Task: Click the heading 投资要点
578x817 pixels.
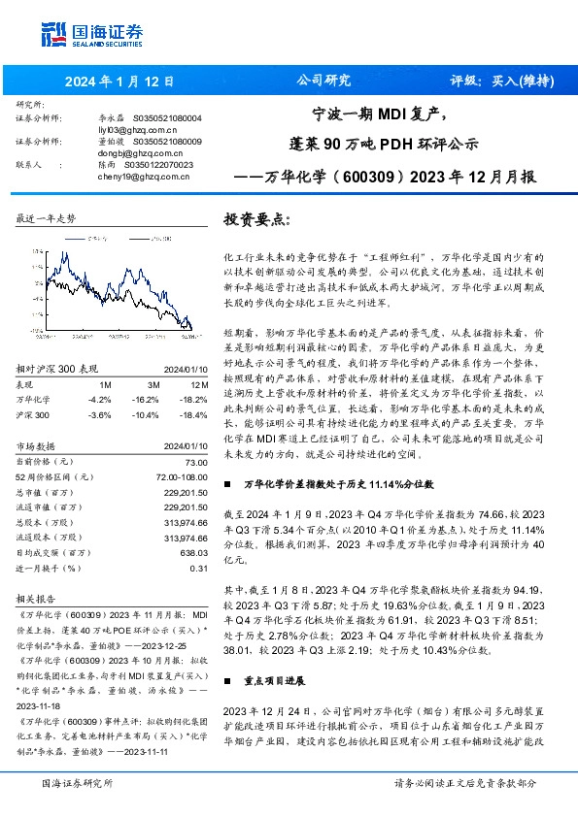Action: point(258,220)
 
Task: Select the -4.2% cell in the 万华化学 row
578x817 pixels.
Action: point(98,400)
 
